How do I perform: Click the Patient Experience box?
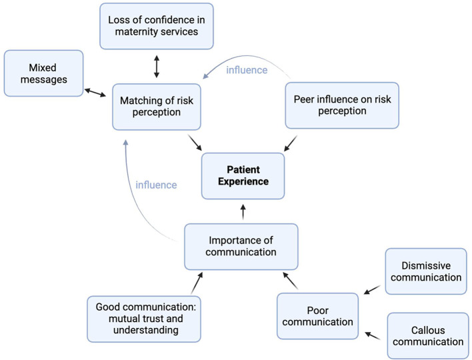pos(243,175)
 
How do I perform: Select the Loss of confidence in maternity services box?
pos(156,26)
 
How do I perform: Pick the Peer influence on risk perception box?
pos(341,105)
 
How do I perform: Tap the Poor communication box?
pos(318,315)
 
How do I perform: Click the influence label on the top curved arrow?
pos(247,69)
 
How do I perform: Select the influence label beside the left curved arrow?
pos(156,184)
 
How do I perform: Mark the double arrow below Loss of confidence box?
pos(156,67)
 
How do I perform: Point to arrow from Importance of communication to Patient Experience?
pos(243,212)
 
